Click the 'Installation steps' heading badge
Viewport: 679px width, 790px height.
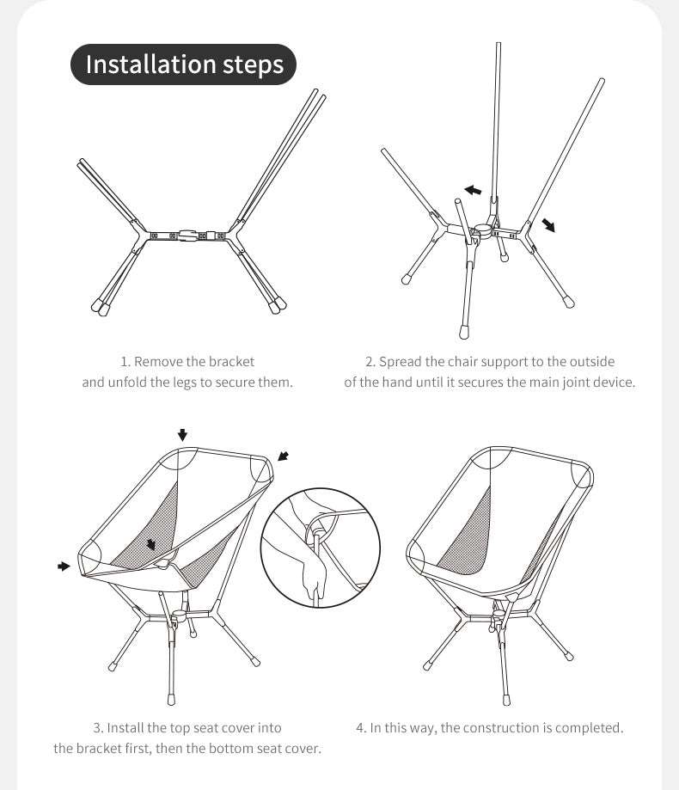184,64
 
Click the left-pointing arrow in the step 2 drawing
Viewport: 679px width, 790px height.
472,189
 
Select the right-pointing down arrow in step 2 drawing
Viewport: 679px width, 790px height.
547,225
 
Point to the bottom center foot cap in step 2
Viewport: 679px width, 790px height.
464,331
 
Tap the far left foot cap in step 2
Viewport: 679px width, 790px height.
406,279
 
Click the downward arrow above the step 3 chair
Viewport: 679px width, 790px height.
182,434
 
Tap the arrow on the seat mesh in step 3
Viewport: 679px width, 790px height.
152,544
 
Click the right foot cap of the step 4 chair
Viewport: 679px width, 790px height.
568,656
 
